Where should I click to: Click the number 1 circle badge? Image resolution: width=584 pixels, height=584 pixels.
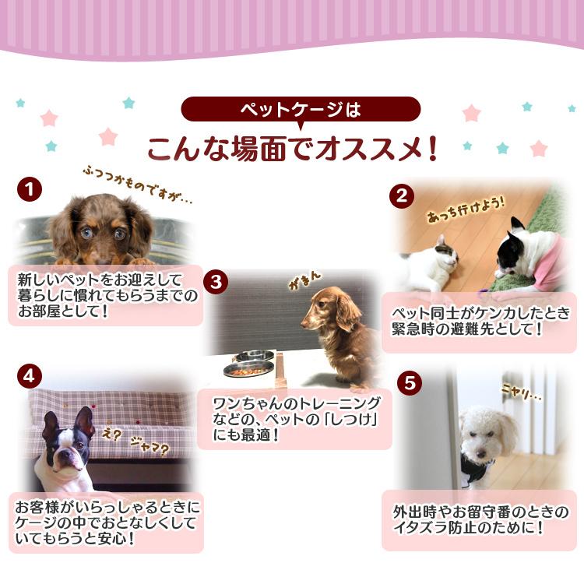coord(29,189)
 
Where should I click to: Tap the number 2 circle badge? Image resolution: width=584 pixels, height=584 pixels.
coord(401,195)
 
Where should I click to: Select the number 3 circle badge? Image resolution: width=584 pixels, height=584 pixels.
coord(216,280)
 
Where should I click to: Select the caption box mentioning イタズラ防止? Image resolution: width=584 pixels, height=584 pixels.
coord(479,521)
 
